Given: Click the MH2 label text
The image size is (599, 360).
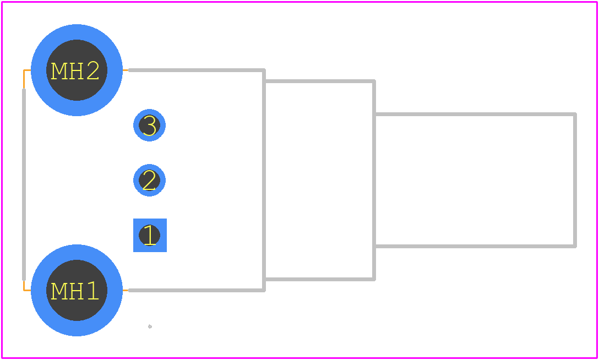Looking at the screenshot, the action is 75,71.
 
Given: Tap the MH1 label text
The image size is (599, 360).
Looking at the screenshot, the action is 75,291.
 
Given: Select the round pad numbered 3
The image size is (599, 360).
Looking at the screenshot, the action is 149,125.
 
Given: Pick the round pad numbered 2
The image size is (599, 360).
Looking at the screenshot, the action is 149,180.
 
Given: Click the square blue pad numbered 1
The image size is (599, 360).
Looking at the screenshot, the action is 150,235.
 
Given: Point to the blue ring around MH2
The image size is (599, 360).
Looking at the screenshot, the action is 77,32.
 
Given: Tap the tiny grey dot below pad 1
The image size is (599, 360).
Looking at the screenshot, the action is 150,326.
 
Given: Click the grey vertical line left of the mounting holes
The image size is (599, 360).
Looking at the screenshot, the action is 24,185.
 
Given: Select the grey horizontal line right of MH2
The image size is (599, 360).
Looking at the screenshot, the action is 197,70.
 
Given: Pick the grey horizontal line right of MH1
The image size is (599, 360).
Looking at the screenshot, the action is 197,291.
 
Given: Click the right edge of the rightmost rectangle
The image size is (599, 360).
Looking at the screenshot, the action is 575,180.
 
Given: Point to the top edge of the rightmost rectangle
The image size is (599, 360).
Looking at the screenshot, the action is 475,114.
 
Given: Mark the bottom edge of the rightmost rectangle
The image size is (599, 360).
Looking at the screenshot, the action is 475,246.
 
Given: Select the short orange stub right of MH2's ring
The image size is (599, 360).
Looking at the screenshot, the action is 126,70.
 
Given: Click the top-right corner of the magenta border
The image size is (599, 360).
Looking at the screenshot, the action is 597,2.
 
